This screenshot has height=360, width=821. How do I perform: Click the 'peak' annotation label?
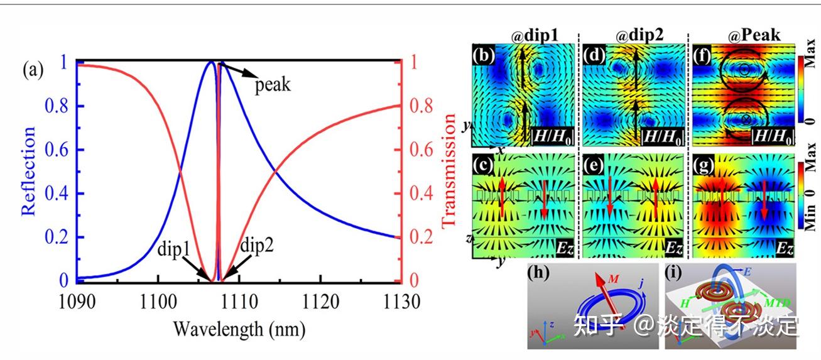[273, 84]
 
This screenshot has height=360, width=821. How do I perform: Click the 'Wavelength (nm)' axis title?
[240, 327]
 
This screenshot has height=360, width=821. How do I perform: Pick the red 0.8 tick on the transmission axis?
[418, 105]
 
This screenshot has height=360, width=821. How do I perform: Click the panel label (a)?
[34, 70]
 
